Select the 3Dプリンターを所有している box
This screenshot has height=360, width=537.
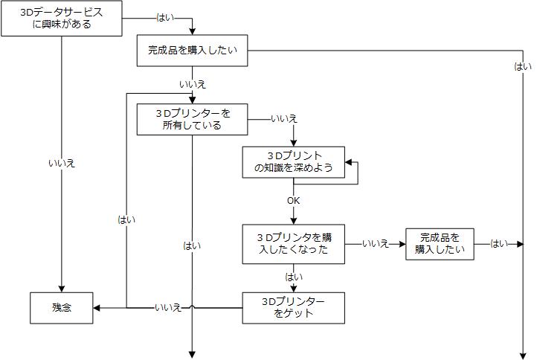coord(193,119)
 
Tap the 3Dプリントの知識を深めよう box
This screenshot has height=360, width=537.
coord(293,162)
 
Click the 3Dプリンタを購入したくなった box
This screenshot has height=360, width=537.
coord(294,243)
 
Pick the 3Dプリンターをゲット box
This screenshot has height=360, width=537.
coord(294,307)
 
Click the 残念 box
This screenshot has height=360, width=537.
coord(62,307)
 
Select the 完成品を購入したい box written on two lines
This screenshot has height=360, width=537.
coord(440,244)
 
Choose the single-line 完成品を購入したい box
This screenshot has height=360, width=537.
coord(193,51)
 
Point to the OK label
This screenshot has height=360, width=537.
coord(294,201)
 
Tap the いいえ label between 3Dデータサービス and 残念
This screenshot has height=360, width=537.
coord(62,163)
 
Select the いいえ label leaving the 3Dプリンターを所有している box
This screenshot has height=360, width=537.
coord(283,119)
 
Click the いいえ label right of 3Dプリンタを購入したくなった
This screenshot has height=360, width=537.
coord(376,244)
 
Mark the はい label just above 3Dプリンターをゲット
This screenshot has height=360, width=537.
coord(294,277)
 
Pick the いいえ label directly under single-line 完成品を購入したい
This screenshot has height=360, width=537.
coord(193,84)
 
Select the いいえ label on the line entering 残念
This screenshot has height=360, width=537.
coord(168,307)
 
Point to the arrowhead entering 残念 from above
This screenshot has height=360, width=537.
coord(62,289)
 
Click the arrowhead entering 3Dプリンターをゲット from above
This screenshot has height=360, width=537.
coord(294,289)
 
